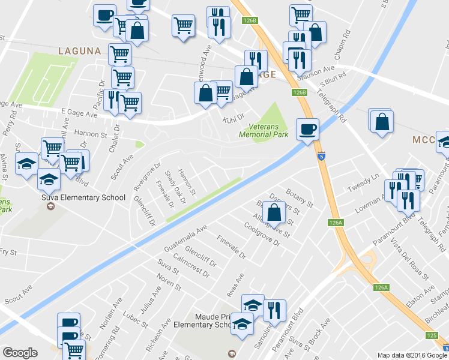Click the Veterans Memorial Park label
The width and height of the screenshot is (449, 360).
pyautogui.click(x=269, y=130)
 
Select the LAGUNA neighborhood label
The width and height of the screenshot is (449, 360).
pyautogui.click(x=79, y=52)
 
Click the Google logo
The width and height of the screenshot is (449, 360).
pyautogui.click(x=20, y=353)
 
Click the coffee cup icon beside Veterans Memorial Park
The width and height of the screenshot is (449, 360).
pyautogui.click(x=307, y=129)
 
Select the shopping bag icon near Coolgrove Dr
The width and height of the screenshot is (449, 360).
pyautogui.click(x=274, y=212)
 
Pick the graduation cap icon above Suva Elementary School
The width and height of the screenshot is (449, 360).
pyautogui.click(x=49, y=178)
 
